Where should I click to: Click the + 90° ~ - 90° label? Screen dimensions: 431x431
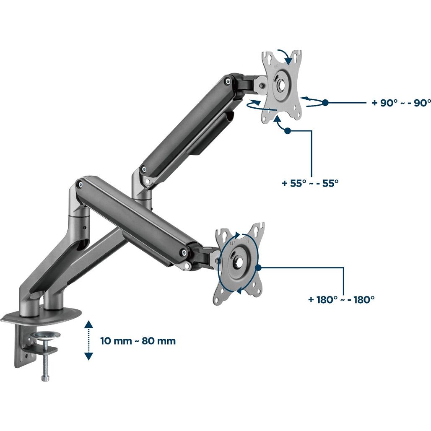tap(401, 103)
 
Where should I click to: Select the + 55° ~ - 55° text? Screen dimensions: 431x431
tap(310, 183)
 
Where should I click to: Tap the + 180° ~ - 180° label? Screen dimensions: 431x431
tap(341, 299)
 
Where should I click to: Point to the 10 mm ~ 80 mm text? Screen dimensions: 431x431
tap(138, 341)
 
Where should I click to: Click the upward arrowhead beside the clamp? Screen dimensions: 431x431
tap(88, 324)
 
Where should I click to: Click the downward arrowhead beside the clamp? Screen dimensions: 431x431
tap(88, 356)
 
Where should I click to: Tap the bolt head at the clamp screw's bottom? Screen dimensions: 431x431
tap(45, 378)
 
